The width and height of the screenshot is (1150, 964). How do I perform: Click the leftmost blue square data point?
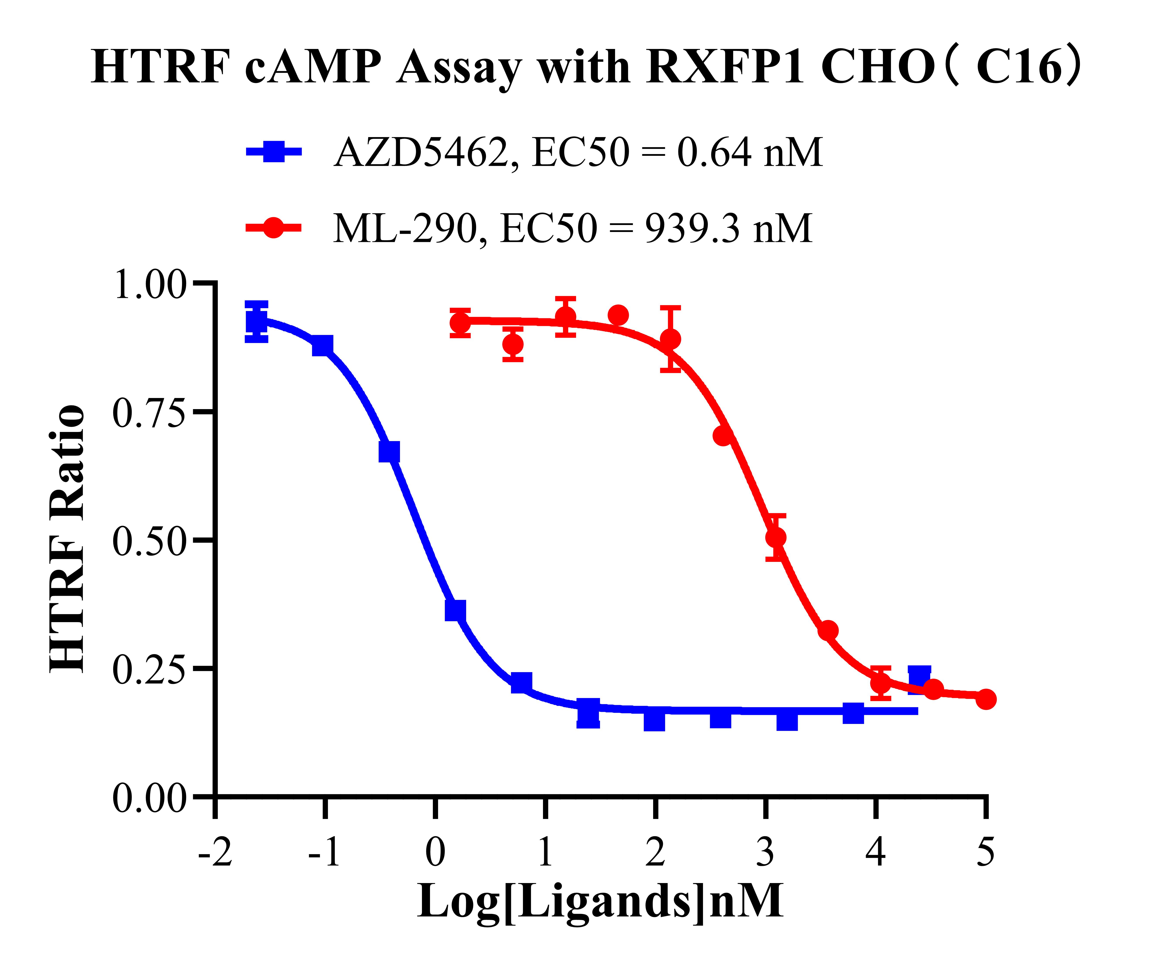click(256, 321)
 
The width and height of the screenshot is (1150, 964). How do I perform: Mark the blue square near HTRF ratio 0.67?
click(389, 452)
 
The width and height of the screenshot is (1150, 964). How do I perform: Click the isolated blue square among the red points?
click(919, 679)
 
